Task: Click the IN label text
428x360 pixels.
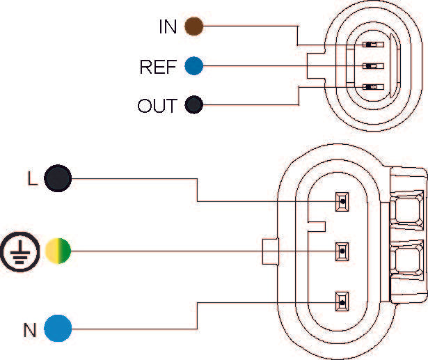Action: pyautogui.click(x=168, y=27)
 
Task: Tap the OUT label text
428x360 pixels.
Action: pyautogui.click(x=158, y=107)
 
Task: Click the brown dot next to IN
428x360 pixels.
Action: pyautogui.click(x=193, y=27)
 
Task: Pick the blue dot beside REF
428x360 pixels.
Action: pyautogui.click(x=193, y=67)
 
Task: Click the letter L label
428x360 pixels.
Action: pyautogui.click(x=31, y=179)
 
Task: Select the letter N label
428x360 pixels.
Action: pyautogui.click(x=29, y=329)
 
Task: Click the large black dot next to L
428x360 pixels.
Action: pyautogui.click(x=58, y=179)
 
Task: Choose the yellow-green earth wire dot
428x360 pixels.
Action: pyautogui.click(x=58, y=250)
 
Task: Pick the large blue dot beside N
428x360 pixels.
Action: pyautogui.click(x=58, y=329)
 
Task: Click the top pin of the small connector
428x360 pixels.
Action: pyautogui.click(x=370, y=46)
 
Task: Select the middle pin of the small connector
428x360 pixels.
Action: pyautogui.click(x=370, y=67)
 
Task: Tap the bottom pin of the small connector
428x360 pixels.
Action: pyautogui.click(x=370, y=87)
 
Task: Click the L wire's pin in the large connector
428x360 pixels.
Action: pyautogui.click(x=342, y=202)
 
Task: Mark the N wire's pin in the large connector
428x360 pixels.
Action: pyautogui.click(x=342, y=302)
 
